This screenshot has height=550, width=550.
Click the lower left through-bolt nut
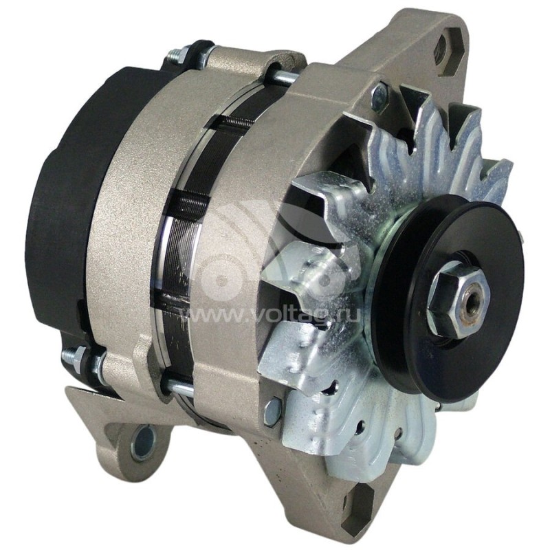[x=74, y=362]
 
